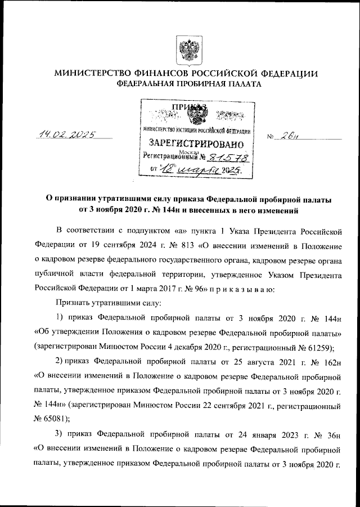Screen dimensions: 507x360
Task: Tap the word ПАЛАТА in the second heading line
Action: point(244,84)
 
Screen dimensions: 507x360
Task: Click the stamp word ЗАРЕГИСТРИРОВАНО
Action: point(192,144)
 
